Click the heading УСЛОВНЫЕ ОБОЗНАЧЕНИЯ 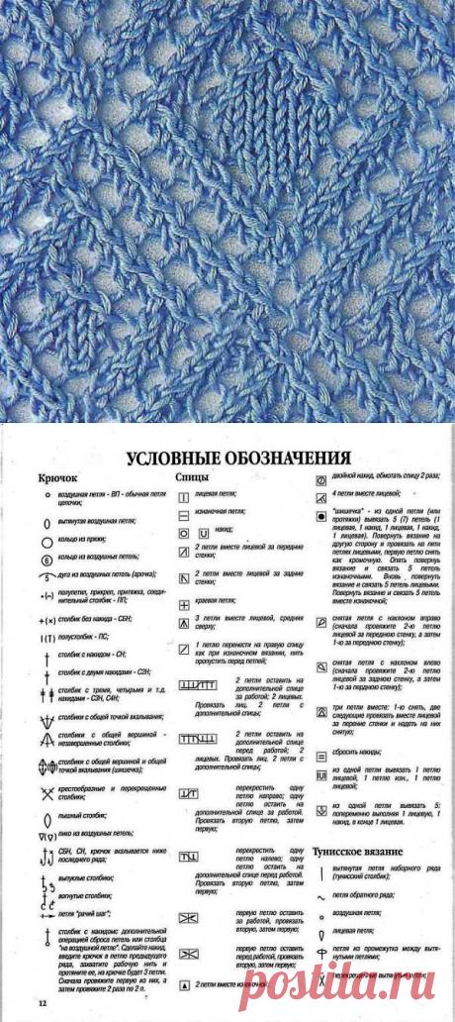[237, 459]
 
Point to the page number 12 [43, 1004]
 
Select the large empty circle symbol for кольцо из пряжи [45, 542]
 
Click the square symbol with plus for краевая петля [184, 604]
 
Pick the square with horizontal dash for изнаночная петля [184, 516]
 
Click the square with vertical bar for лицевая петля [184, 492]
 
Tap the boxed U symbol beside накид [204, 533]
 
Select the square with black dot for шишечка [321, 517]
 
